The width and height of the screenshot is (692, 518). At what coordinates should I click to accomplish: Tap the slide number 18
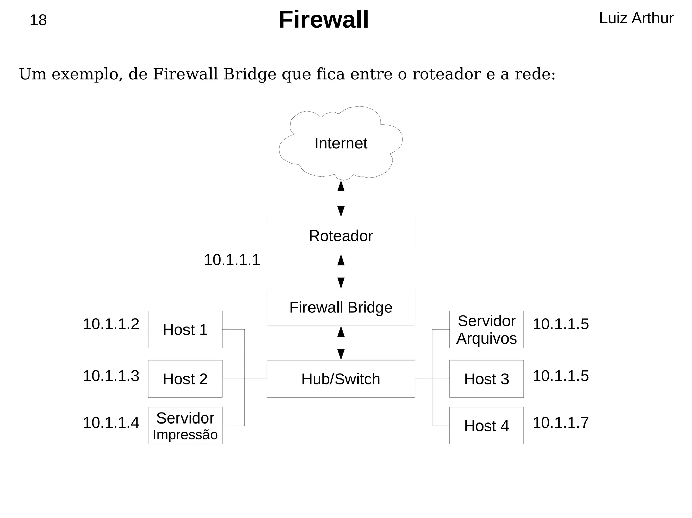(x=38, y=20)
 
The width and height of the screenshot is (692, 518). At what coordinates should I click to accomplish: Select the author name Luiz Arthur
(x=636, y=18)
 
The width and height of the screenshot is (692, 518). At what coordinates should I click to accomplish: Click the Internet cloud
(x=341, y=143)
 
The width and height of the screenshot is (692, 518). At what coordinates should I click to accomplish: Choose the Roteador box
(x=341, y=236)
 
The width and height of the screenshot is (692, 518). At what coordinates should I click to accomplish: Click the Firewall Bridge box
(x=341, y=307)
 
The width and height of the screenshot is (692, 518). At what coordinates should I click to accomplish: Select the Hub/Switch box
(x=341, y=379)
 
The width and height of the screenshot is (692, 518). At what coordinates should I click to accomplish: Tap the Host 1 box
(x=185, y=329)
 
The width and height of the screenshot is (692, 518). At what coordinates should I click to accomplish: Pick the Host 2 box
(x=185, y=379)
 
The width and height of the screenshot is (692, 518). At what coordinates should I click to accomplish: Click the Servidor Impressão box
(x=185, y=426)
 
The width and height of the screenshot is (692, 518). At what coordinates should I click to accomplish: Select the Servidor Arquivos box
(x=486, y=329)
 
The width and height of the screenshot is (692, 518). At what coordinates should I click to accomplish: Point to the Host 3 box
(x=486, y=379)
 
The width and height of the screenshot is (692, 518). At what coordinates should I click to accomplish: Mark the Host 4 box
(x=486, y=426)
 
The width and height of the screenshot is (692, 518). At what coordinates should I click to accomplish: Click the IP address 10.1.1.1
(x=232, y=260)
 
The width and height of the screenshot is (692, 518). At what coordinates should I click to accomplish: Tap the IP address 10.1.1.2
(x=111, y=324)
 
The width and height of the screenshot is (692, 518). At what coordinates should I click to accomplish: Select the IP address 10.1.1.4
(x=111, y=422)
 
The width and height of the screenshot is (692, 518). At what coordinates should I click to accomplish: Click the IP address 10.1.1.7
(x=561, y=422)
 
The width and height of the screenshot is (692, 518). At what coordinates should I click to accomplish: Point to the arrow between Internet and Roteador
(x=341, y=198)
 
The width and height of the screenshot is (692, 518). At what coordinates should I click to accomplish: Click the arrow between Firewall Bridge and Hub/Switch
(x=341, y=343)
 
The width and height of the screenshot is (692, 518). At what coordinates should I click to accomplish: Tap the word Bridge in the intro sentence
(x=250, y=74)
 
